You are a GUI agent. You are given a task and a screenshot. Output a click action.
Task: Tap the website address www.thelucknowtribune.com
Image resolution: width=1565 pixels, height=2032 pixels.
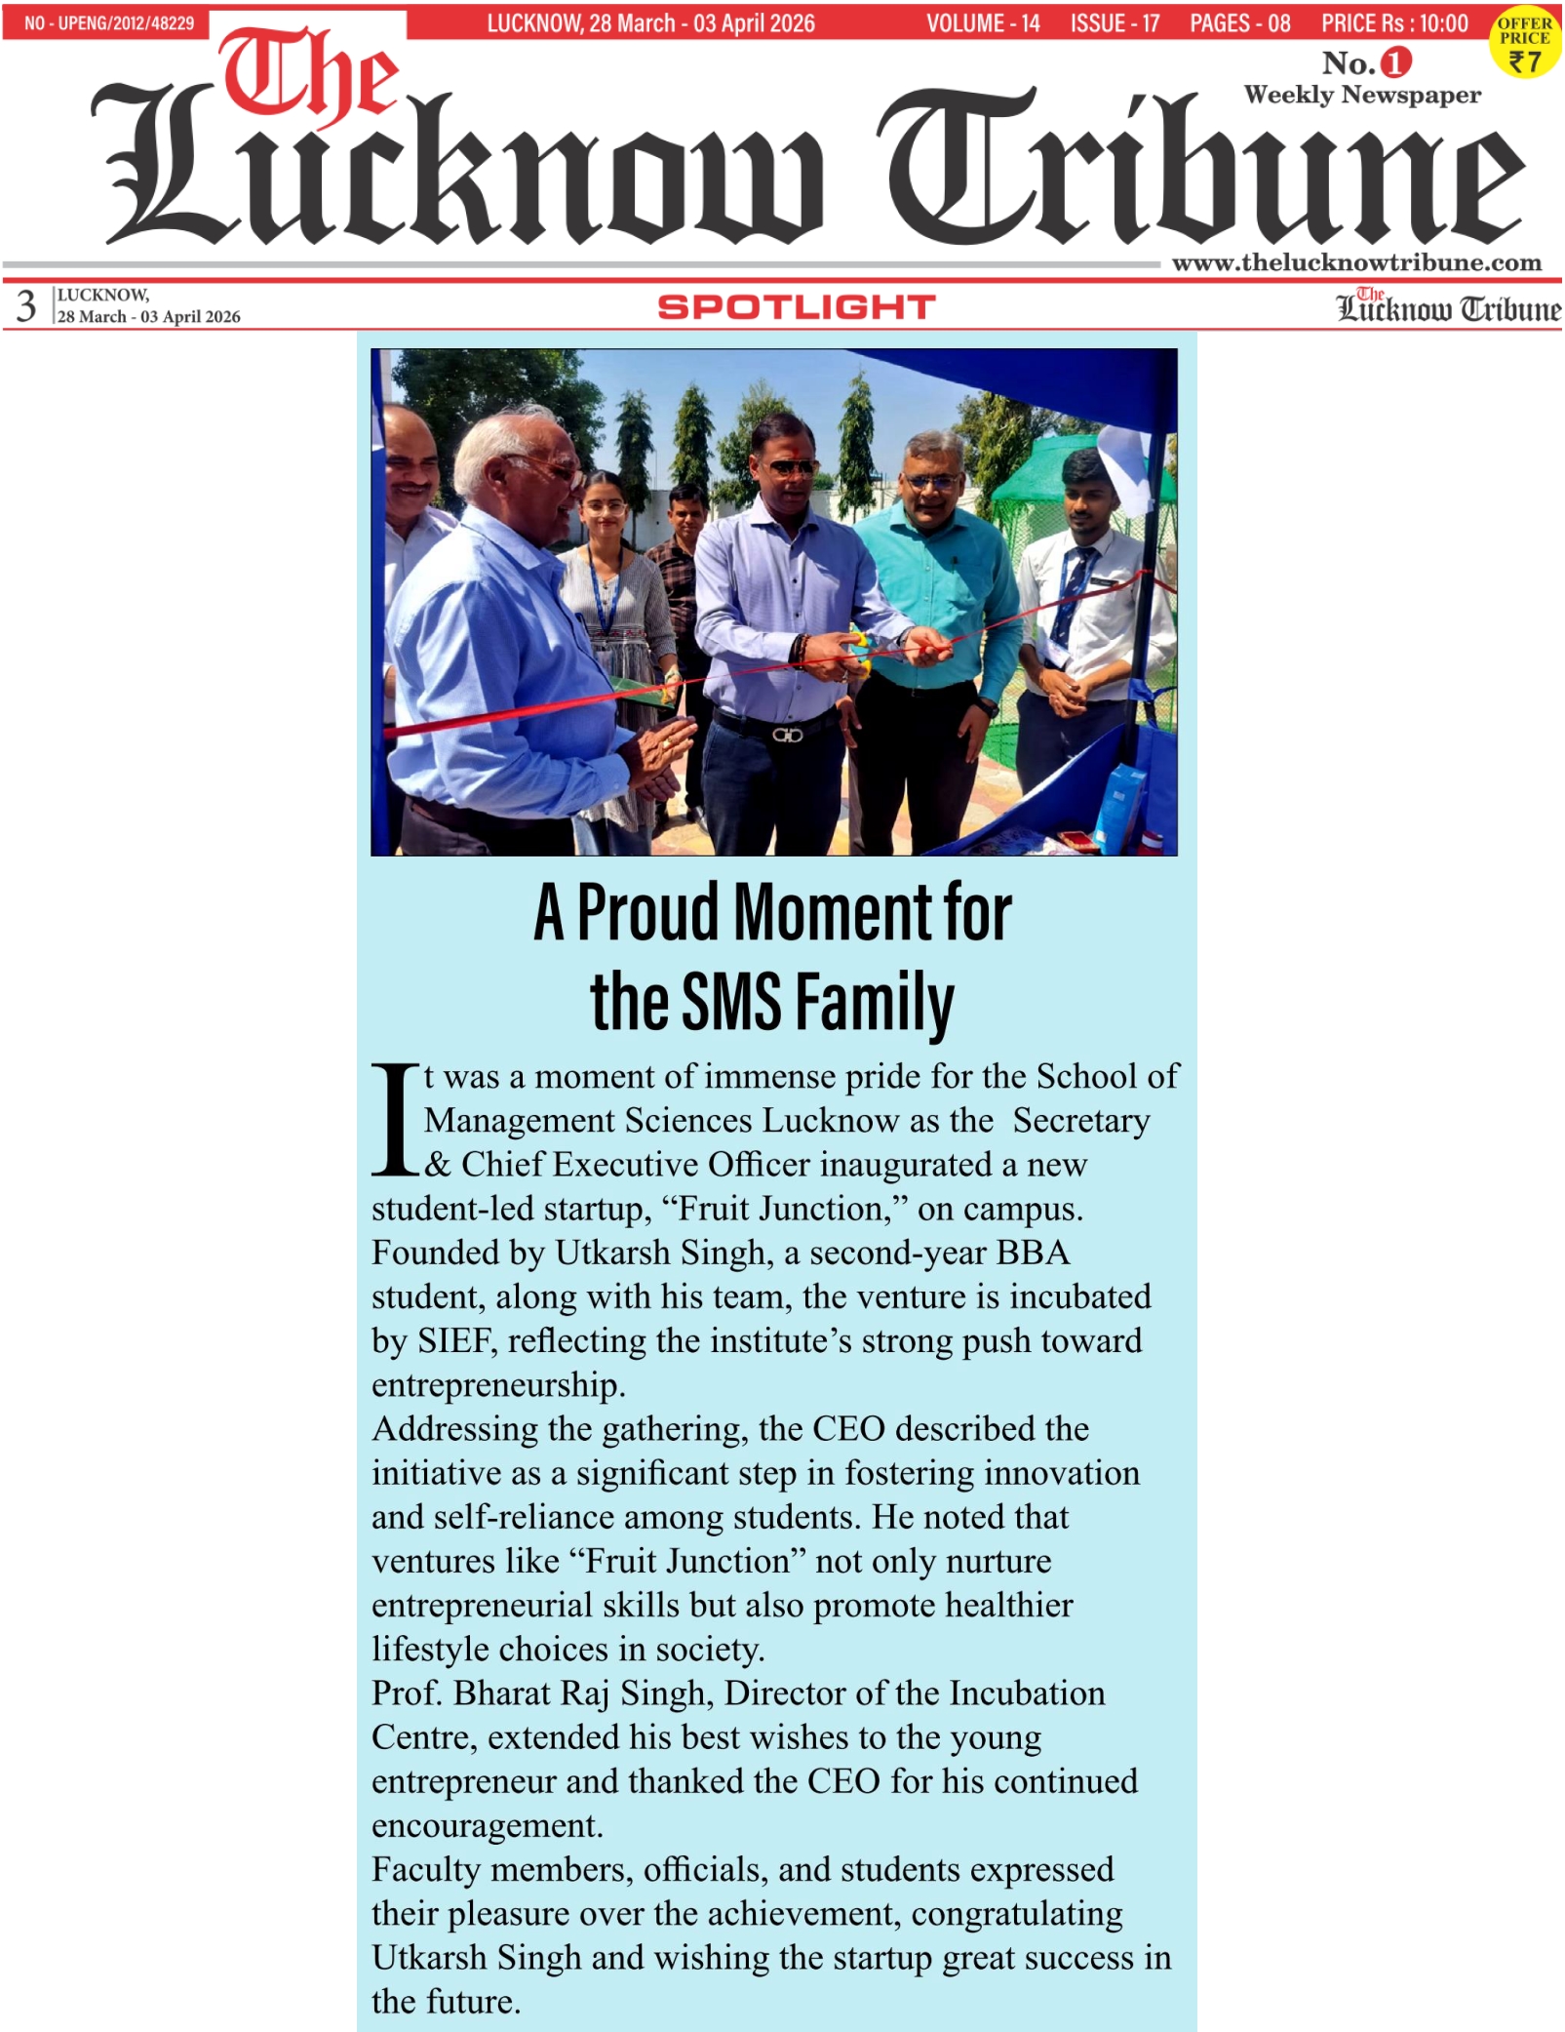point(1356,262)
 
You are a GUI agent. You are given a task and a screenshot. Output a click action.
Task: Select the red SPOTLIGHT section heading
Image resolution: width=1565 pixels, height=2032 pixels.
point(796,307)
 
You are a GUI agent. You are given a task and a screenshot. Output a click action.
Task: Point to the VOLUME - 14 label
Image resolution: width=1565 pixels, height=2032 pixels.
point(983,22)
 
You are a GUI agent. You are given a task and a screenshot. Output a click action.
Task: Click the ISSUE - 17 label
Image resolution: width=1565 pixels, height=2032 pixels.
point(1115,22)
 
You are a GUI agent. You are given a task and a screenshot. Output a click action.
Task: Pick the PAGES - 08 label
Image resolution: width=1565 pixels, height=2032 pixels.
point(1239,22)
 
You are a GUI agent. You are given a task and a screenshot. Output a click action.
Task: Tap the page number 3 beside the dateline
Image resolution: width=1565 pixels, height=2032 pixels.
point(26,305)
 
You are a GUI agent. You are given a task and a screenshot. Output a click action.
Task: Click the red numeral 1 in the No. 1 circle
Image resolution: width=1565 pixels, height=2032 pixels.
point(1396,62)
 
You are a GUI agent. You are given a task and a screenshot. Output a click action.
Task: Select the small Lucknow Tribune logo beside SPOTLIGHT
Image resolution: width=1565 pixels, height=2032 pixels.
point(1448,306)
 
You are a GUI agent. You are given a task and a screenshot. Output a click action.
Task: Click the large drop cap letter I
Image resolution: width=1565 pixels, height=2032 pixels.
point(395,1120)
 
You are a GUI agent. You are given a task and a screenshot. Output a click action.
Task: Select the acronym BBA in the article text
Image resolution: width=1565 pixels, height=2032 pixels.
point(1033,1253)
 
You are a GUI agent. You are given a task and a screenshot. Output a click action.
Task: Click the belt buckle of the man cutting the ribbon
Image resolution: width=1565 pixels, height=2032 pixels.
point(787,734)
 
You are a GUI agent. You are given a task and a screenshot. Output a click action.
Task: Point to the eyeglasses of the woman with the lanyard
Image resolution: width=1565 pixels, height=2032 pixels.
point(605,507)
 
